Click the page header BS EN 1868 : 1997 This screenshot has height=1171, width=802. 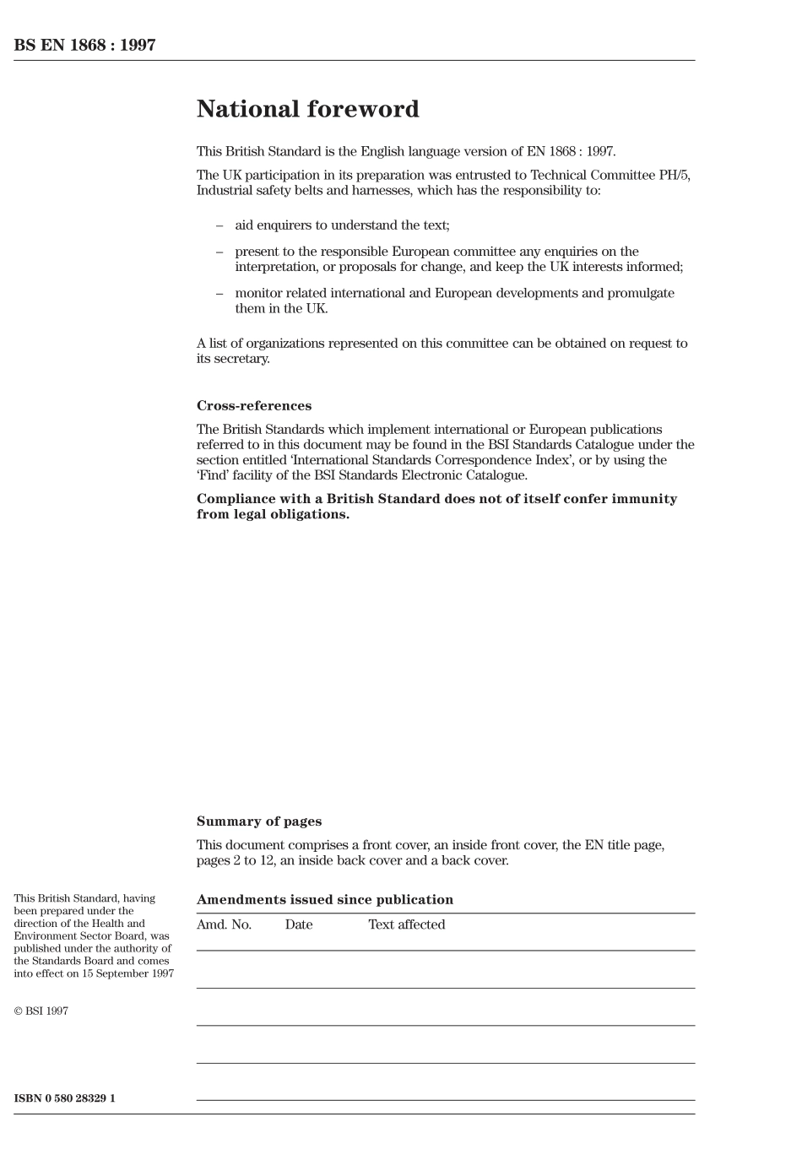84,46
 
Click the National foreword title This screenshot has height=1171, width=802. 307,109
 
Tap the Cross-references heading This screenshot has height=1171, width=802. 253,405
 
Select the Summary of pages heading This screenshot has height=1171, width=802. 258,821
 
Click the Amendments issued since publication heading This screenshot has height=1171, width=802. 324,899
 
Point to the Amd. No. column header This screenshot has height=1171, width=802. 224,924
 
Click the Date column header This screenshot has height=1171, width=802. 298,924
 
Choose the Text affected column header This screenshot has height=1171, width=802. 406,924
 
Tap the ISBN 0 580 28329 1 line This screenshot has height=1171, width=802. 64,1098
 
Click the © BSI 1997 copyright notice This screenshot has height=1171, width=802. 41,1011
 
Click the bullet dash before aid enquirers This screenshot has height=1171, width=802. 219,225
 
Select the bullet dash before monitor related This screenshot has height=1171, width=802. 219,293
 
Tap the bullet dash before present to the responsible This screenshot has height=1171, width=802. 219,252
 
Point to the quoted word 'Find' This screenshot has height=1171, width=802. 213,474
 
